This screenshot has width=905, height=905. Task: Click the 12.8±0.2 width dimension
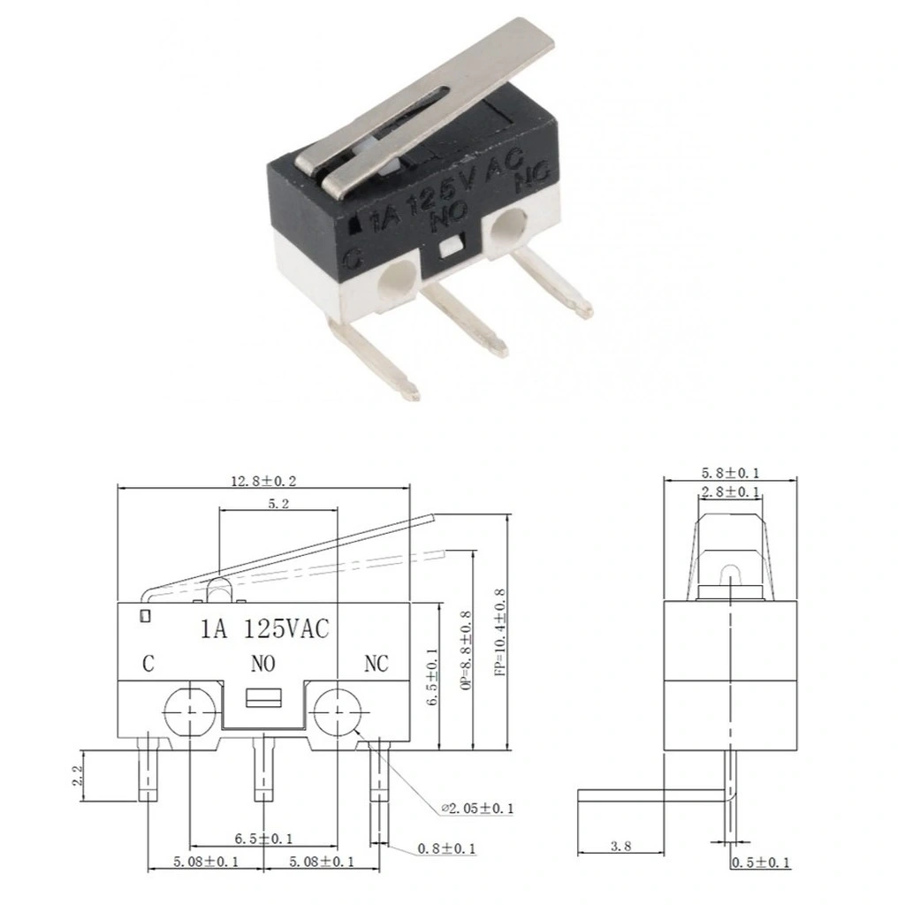[x=263, y=481]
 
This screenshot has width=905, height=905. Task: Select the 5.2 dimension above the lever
[x=278, y=504]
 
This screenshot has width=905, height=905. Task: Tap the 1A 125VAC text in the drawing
[x=264, y=628]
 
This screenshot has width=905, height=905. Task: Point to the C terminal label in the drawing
[x=148, y=664]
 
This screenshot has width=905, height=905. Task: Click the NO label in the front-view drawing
[x=263, y=664]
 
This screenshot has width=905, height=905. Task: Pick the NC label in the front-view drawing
[x=376, y=664]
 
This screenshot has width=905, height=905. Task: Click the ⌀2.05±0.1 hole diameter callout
[x=477, y=808]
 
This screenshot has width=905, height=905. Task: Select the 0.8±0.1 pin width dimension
[x=446, y=848]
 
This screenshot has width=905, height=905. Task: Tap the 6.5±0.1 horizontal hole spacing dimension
[x=263, y=839]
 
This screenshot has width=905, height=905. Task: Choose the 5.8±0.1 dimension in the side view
[x=730, y=473]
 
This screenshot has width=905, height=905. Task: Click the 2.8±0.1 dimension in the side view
[x=730, y=491]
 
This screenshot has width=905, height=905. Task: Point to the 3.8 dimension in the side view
[x=621, y=846]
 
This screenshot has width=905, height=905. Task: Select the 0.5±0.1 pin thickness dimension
[x=761, y=863]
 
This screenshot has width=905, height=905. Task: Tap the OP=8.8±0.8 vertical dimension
[x=467, y=650]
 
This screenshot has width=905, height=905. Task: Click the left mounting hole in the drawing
[x=190, y=712]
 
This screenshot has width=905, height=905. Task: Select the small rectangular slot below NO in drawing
[x=263, y=698]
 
